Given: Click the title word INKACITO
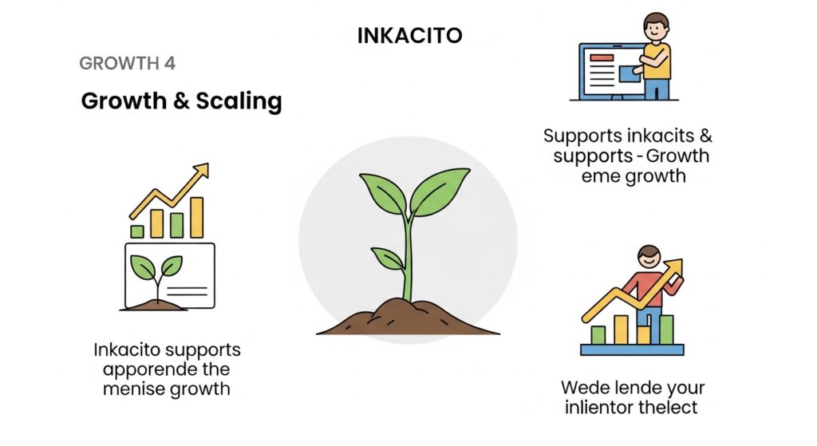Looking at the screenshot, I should pyautogui.click(x=408, y=36).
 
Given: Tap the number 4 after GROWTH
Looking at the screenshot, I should pyautogui.click(x=170, y=63).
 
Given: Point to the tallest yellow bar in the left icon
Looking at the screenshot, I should pyautogui.click(x=196, y=218).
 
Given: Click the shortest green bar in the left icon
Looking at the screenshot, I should pyautogui.click(x=137, y=231).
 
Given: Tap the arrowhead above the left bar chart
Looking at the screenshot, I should pyautogui.click(x=201, y=170).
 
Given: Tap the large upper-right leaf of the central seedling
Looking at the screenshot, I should pyautogui.click(x=440, y=191).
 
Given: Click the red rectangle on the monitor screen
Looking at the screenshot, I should pyautogui.click(x=602, y=57).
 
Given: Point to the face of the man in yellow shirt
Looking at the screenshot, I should pyautogui.click(x=655, y=28).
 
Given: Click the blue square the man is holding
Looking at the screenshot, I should pyautogui.click(x=628, y=73).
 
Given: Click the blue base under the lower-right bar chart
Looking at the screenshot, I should pyautogui.click(x=632, y=349).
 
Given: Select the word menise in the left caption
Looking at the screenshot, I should pyautogui.click(x=132, y=389).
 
